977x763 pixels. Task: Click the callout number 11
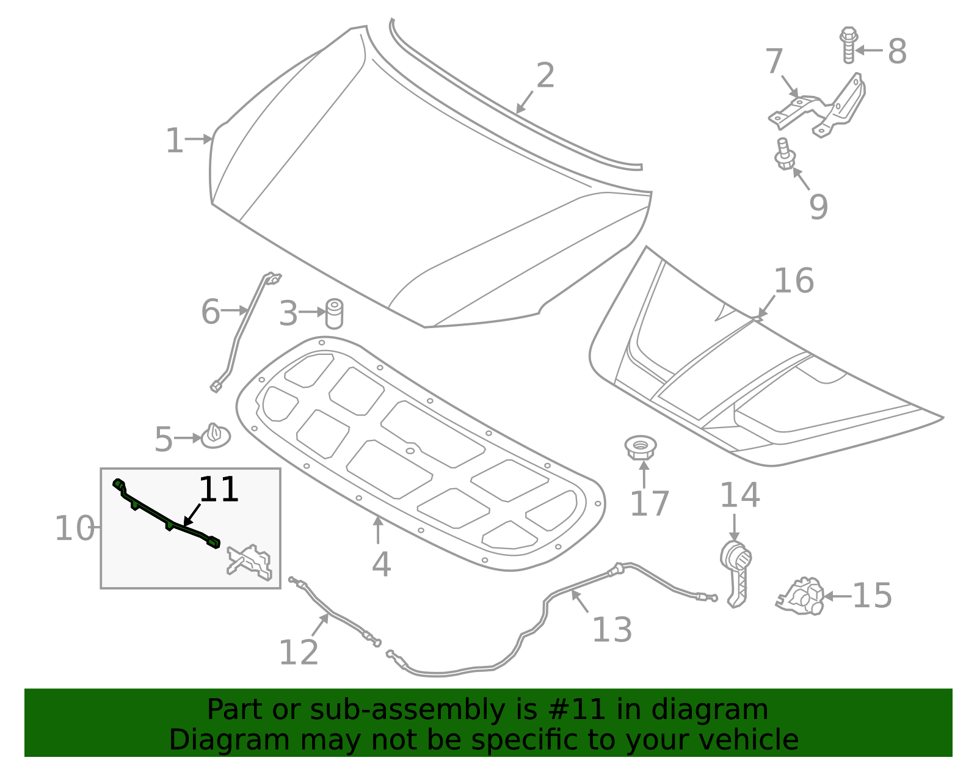[219, 490]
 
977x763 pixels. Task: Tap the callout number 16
[793, 281]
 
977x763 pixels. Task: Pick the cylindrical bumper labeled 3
[334, 313]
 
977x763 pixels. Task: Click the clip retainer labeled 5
[216, 436]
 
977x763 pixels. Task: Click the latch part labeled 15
[802, 596]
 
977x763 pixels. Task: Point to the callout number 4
[381, 564]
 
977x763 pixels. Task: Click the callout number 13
[612, 630]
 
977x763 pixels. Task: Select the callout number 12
[299, 652]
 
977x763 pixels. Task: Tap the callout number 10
[74, 528]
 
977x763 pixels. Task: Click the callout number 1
[175, 141]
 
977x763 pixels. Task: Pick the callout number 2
[545, 76]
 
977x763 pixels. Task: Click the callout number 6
[210, 312]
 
